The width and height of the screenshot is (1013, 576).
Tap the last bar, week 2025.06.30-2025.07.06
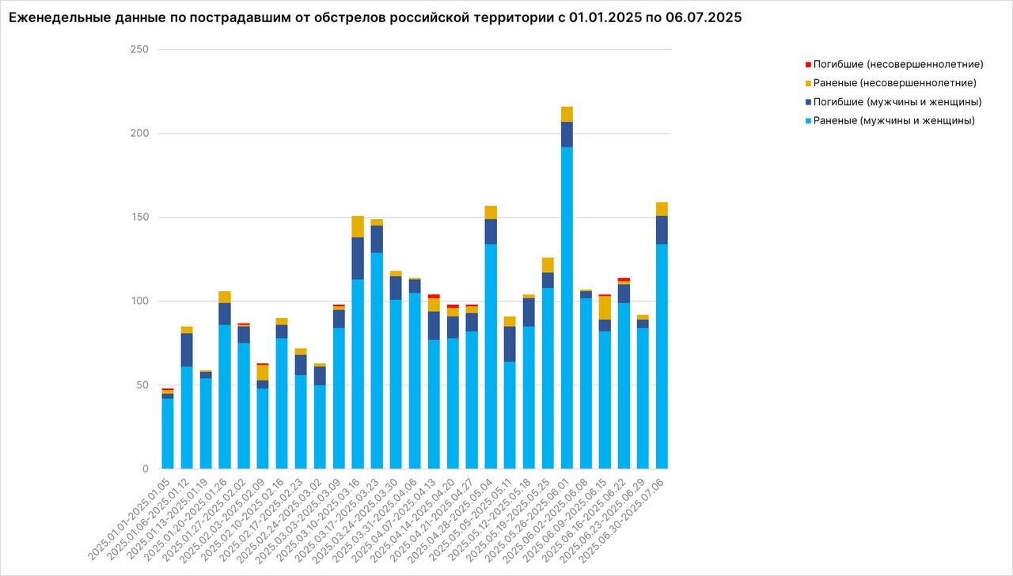click(662, 356)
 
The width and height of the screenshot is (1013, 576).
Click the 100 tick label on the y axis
click(139, 301)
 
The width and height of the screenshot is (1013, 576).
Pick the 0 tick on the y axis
click(145, 469)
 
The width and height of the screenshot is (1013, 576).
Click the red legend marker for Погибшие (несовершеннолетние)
click(808, 64)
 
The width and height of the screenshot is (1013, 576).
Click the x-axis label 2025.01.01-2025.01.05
click(131, 518)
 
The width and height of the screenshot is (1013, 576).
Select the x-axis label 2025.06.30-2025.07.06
click(625, 518)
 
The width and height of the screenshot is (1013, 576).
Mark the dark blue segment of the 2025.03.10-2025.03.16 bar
click(358, 258)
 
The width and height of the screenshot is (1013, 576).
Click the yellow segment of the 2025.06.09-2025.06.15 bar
click(605, 308)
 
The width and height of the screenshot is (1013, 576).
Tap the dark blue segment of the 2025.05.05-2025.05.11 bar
click(510, 344)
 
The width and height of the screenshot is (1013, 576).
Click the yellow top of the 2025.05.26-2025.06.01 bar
click(567, 114)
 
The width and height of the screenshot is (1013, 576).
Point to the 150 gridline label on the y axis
click(139, 218)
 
